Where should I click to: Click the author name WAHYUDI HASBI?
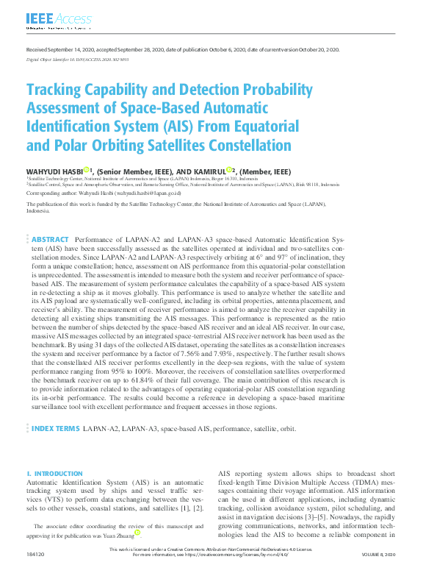(55, 171)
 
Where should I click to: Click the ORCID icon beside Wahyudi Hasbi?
(86, 170)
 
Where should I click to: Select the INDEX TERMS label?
(54, 427)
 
